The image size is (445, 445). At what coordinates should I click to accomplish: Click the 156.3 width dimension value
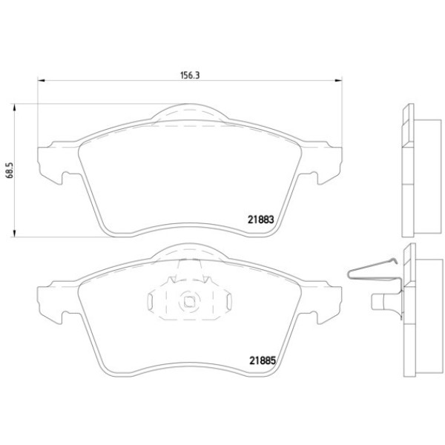pos(190,75)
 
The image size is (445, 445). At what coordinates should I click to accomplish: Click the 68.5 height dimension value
pos(10,171)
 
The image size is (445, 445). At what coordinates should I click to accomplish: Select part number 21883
pos(261,220)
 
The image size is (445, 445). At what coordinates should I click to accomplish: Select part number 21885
pos(263,360)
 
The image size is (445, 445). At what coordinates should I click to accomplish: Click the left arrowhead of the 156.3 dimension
pos(42,81)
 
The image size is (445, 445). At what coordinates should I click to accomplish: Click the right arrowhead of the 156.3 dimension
pos(338,81)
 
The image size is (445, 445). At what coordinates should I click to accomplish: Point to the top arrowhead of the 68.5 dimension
pos(13,108)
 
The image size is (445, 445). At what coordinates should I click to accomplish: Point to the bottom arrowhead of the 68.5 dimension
pos(13,233)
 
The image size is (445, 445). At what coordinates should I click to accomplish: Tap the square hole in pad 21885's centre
pos(189,301)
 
